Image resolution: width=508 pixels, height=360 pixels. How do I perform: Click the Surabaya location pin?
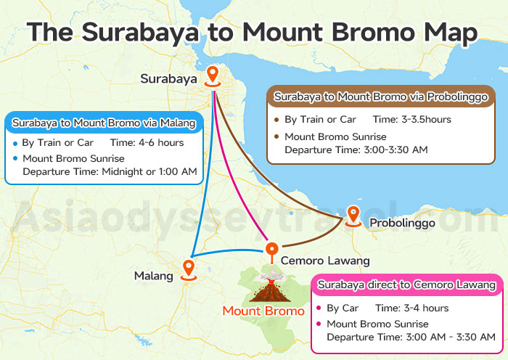212,74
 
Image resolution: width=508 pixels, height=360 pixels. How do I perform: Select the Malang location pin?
189,269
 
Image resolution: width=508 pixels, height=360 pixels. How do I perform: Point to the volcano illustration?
268,288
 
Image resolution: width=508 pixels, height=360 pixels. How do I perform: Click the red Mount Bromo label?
263,311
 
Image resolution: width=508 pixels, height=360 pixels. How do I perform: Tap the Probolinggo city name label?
402,223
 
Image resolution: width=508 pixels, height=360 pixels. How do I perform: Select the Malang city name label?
154,276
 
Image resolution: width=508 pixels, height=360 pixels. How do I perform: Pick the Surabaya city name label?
168,78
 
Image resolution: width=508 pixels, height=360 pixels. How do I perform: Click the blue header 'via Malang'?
104,123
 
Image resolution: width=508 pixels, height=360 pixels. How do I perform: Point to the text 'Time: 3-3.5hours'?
411,119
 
